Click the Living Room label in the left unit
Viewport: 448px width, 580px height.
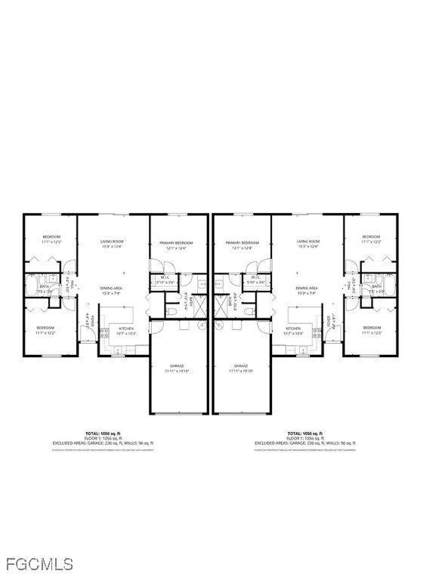click(x=112, y=242)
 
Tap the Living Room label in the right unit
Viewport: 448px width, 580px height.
click(x=308, y=242)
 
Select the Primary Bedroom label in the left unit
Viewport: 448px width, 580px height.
click(x=176, y=243)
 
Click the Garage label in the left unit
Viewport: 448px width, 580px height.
click(x=178, y=367)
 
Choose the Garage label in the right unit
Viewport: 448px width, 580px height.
click(x=241, y=367)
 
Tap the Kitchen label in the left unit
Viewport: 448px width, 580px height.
click(x=126, y=329)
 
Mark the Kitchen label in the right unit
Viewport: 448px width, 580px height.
click(x=293, y=329)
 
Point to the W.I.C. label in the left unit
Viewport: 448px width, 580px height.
click(x=165, y=278)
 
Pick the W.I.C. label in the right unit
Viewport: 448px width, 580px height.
click(x=256, y=278)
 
